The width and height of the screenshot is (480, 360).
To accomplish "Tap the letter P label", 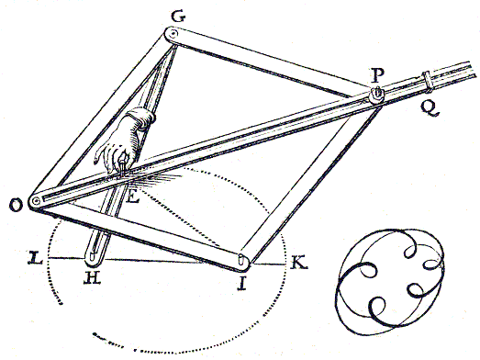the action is point(375,73).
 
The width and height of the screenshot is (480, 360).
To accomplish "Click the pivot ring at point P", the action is point(377,95).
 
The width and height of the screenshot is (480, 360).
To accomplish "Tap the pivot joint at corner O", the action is point(35,201).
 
